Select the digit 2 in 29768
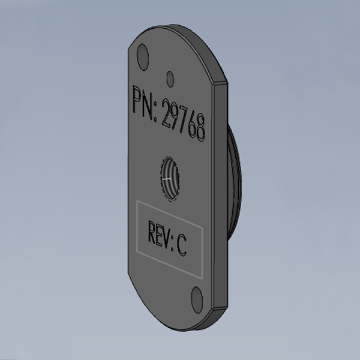pos(167,113)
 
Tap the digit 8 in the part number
pos(200,128)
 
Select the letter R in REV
pos(152,232)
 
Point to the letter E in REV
pos(159,235)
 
